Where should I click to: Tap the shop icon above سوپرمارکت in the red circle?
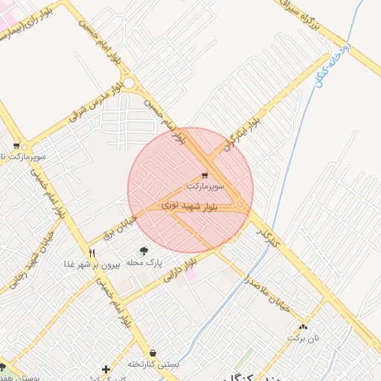click(x=205, y=174)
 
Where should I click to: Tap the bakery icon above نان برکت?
click(x=303, y=327)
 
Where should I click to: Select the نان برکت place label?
click(x=303, y=338)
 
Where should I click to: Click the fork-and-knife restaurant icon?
click(x=92, y=253)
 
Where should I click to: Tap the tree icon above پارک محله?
click(x=144, y=251)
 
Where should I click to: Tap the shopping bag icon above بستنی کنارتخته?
click(x=153, y=353)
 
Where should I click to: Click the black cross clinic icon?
click(x=106, y=369)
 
